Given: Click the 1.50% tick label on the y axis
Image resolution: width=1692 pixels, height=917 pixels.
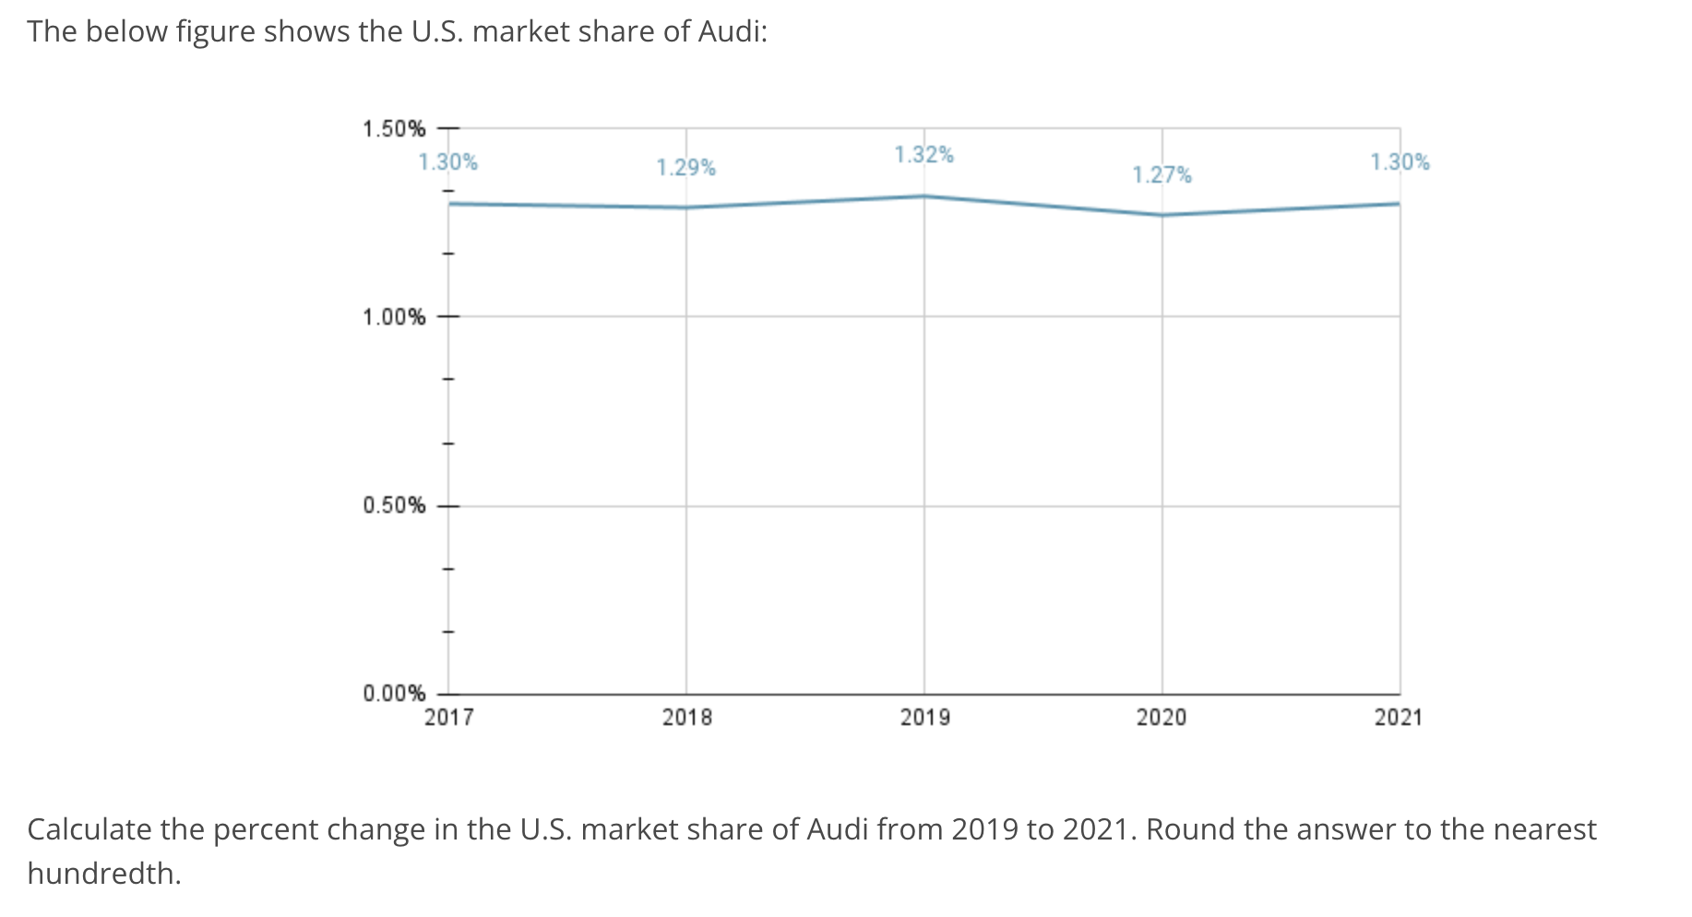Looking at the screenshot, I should pos(394,128).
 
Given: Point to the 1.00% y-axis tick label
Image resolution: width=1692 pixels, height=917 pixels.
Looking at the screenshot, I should pos(394,317).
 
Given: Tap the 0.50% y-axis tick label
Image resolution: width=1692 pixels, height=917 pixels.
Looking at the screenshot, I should pos(394,506).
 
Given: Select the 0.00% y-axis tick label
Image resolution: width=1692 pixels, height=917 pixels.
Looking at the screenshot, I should pos(394,693).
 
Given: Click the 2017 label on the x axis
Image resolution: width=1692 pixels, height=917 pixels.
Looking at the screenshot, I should pos(448,718).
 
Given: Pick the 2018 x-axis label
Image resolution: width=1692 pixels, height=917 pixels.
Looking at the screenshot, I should pos(686,718).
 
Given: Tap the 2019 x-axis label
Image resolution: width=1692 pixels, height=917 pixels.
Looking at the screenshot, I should pos(924,718).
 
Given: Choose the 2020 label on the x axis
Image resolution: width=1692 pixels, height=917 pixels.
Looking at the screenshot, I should pos(1162,718).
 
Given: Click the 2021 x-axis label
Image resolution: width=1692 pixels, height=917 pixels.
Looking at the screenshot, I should pos(1399,718).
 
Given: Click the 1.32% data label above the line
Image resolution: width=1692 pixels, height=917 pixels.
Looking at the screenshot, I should pos(923,155).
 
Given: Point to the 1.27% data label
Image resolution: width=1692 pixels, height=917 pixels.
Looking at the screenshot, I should pos(1162,175).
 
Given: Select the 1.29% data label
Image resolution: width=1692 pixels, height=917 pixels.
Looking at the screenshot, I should pos(685,168).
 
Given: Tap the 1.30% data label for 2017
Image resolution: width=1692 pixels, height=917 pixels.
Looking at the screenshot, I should pos(447,162).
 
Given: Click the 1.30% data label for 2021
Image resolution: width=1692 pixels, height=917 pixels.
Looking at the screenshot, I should pos(1400,162).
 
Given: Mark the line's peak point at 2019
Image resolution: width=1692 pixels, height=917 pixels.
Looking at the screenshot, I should pos(924,196).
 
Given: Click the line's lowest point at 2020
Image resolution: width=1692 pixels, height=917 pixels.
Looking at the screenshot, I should pos(1162,215).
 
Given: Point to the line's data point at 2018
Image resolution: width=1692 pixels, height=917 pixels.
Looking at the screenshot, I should pos(686,208).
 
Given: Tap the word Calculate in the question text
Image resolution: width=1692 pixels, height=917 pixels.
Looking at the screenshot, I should pos(89,829).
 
